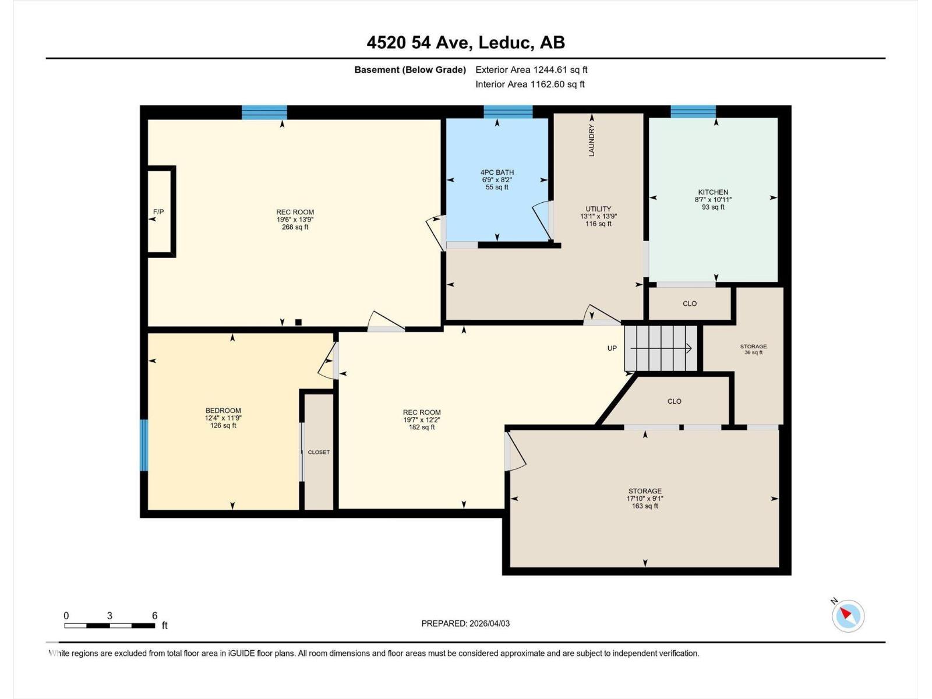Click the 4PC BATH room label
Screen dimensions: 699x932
coord(497,172)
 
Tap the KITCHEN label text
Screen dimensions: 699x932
coord(713,192)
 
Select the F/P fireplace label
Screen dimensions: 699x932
coord(158,212)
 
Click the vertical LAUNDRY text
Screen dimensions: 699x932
coord(592,140)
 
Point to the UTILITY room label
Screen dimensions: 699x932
coord(598,209)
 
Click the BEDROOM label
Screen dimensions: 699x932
coord(223,411)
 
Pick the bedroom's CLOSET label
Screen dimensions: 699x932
coord(319,452)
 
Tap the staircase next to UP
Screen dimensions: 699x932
coord(661,348)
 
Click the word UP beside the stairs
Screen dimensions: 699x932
coord(612,348)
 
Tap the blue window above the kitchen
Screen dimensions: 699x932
coord(693,111)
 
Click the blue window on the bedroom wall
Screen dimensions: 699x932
coord(144,445)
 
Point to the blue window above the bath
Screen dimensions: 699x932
coord(508,111)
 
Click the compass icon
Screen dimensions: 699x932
coord(848,616)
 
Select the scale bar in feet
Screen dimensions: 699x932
coord(110,626)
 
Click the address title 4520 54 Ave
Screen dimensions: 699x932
coord(465,43)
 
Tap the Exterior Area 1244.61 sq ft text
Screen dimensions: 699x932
coord(531,70)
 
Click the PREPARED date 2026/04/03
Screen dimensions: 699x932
coord(465,623)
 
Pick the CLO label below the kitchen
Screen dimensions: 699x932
coord(690,303)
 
